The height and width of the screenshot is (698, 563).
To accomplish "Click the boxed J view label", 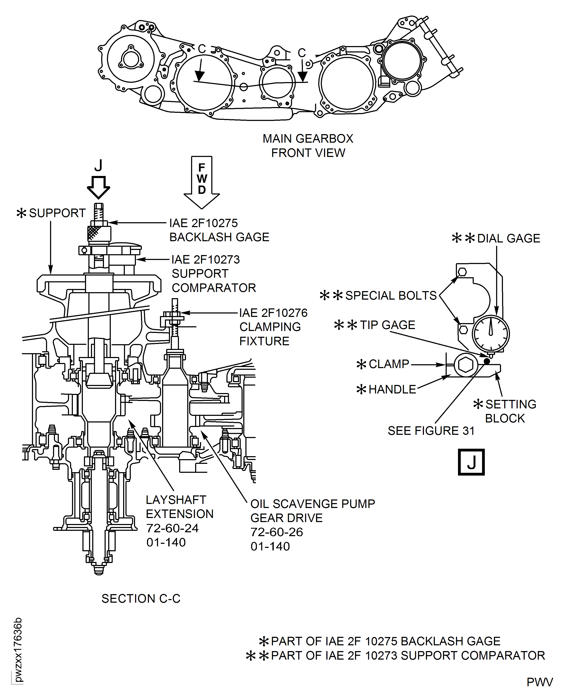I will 471,462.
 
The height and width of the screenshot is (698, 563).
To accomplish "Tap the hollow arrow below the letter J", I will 98,188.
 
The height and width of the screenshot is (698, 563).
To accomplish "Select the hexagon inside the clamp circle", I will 466,365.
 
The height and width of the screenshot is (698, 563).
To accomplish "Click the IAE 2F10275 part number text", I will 203,223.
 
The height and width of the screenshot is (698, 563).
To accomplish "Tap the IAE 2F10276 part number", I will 273,313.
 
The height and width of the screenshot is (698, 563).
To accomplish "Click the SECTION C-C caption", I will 141,598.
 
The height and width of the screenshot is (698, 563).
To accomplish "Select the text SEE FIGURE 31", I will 431,431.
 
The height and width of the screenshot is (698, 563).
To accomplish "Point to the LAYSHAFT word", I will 176,500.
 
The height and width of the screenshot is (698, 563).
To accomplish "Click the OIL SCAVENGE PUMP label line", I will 313,504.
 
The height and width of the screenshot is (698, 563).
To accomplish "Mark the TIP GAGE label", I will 387,325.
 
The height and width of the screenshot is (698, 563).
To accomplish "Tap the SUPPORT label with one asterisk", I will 57,213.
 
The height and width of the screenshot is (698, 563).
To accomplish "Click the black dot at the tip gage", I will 487,361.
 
